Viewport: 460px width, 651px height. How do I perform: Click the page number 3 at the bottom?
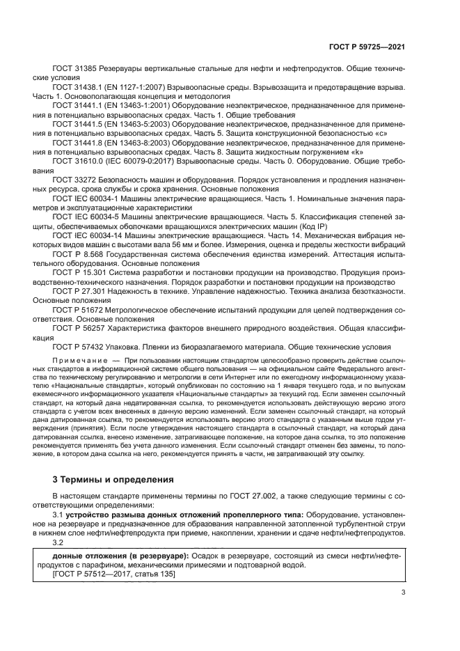coord(404,593)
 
